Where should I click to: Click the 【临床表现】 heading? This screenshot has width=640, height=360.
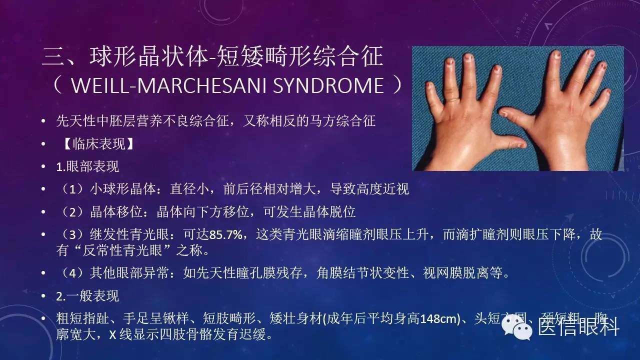pos(95,144)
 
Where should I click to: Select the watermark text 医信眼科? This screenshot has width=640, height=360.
pos(578,328)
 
